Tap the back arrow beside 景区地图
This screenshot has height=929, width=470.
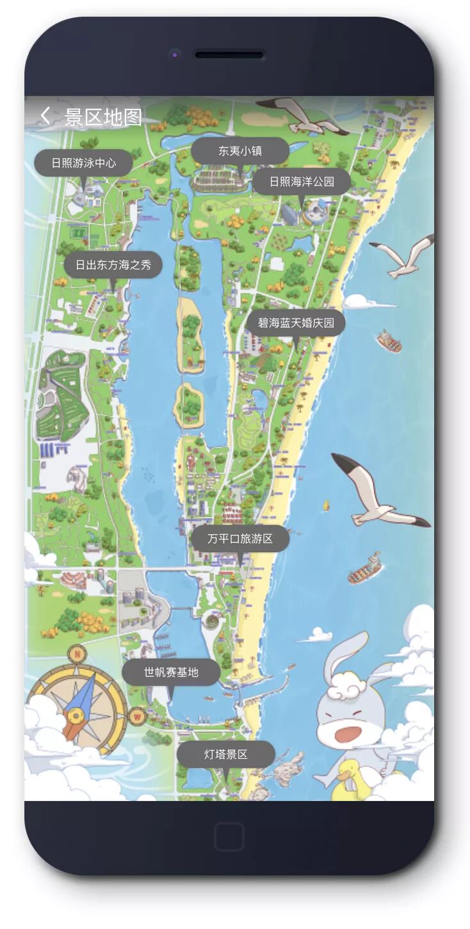pos(44,116)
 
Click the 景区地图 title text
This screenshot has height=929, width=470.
pos(104,117)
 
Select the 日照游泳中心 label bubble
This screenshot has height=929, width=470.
pos(84,163)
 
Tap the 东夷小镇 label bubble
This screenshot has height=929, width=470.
pos(240,151)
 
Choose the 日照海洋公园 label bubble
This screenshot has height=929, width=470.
pos(302,182)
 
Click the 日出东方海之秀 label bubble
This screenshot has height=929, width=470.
pos(113,265)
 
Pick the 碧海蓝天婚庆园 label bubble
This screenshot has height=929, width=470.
pos(296,323)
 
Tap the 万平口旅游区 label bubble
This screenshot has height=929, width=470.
pos(240,539)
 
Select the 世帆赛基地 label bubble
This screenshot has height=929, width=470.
pos(171,672)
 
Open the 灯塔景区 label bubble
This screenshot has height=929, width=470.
pos(226,754)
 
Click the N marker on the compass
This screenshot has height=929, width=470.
pos(77,654)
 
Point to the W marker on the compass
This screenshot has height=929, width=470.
pos(137,717)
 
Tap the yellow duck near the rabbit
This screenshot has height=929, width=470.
pos(350,779)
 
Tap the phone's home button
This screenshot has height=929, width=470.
pos(229,836)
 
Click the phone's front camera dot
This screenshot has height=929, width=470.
pos(174,55)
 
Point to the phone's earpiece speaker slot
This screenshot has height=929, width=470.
pos(229,55)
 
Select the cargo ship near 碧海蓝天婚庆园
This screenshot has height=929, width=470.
pos(389,341)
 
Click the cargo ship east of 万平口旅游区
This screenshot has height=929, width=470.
pos(366,570)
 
